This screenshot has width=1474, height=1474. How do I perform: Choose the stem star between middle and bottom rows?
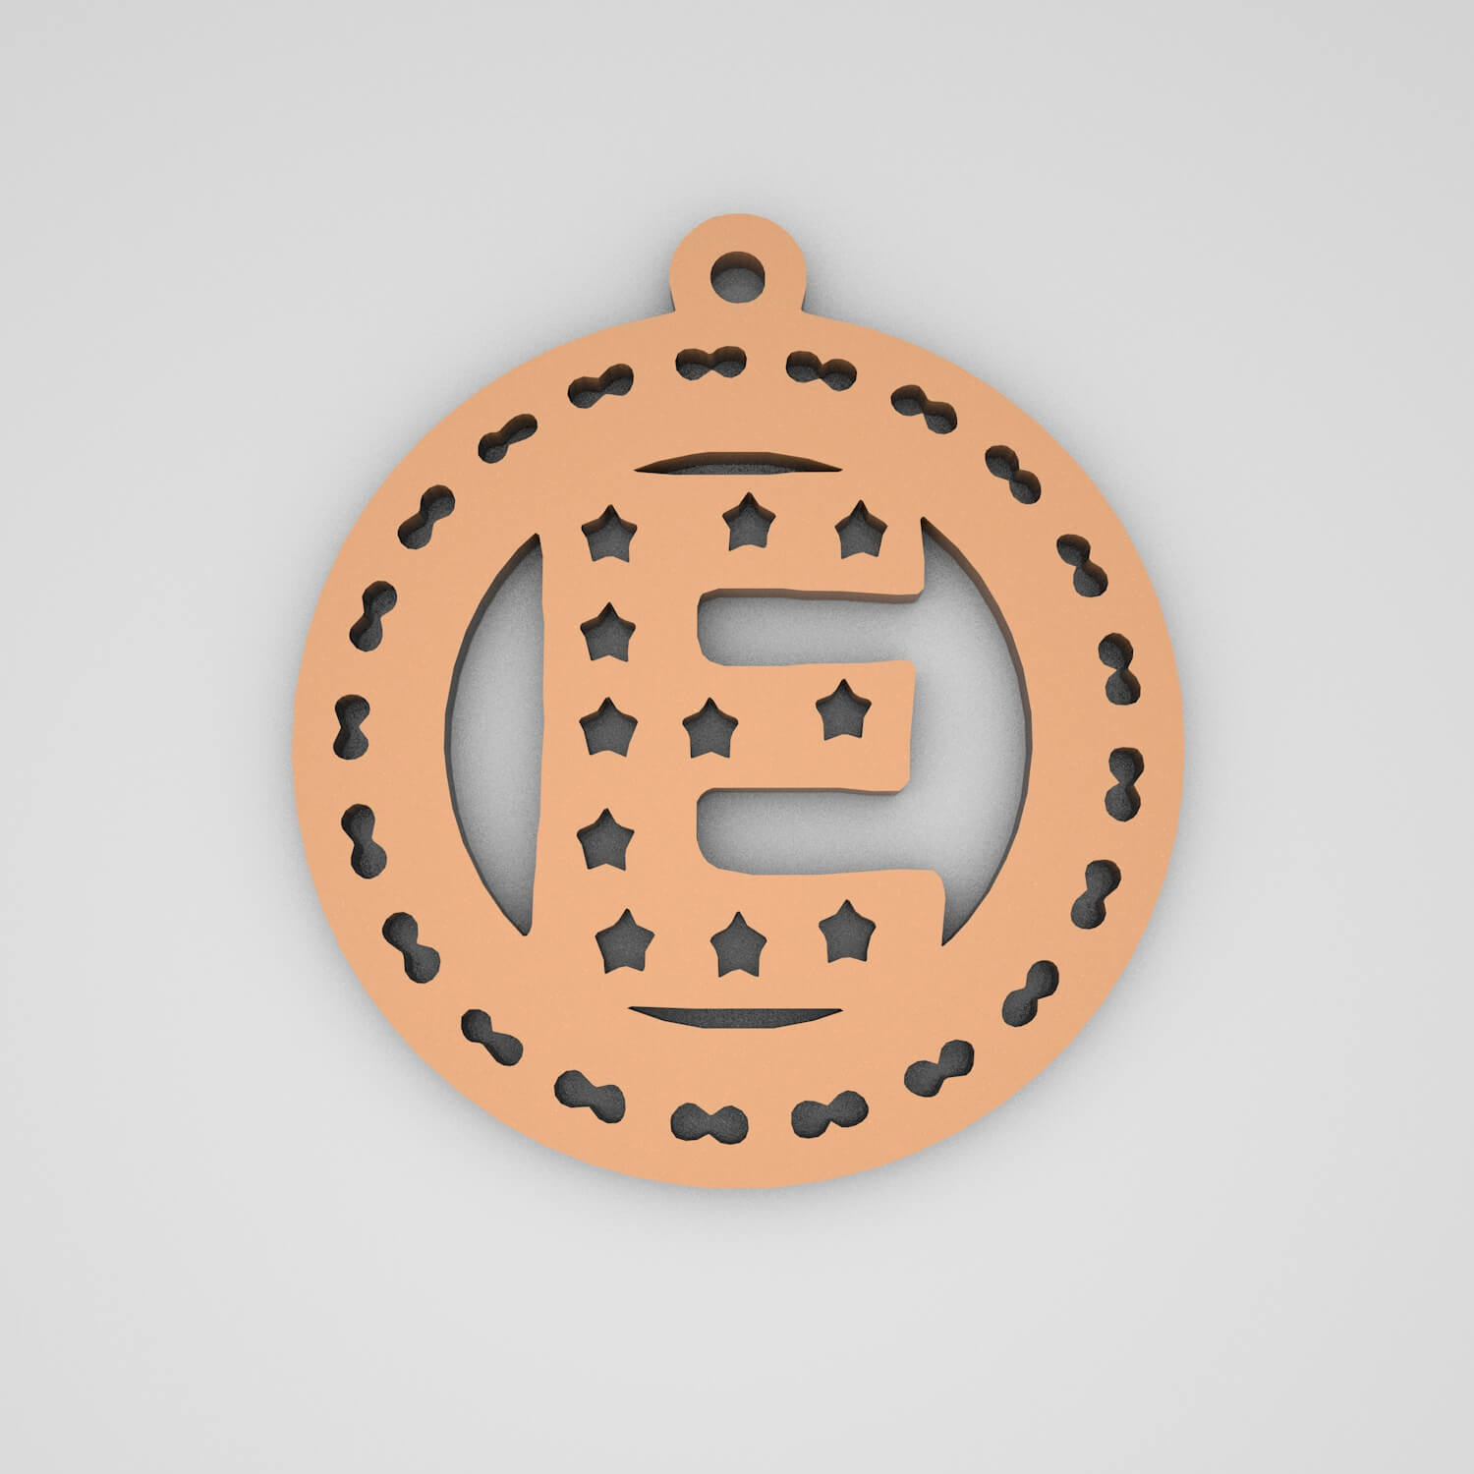[x=598, y=838]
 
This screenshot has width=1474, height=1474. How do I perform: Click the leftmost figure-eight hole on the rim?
[x=352, y=723]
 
